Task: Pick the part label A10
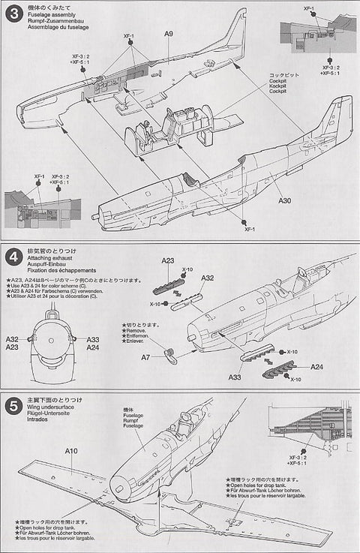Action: tap(72, 451)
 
